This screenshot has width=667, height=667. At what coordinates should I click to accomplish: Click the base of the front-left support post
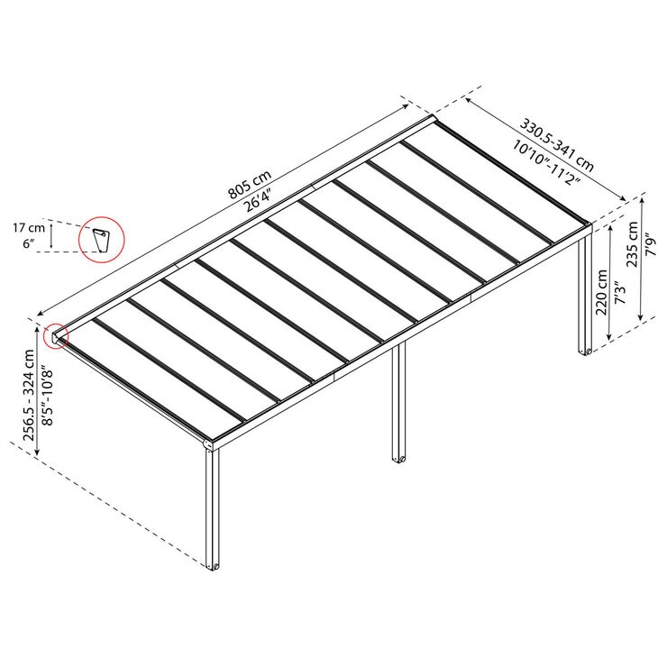pos(214,566)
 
